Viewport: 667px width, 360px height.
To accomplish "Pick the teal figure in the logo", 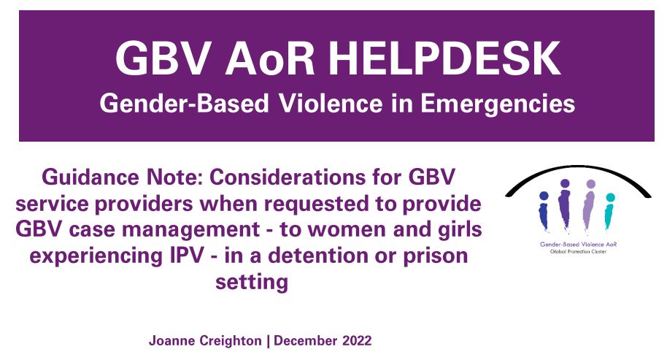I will point(609,210).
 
